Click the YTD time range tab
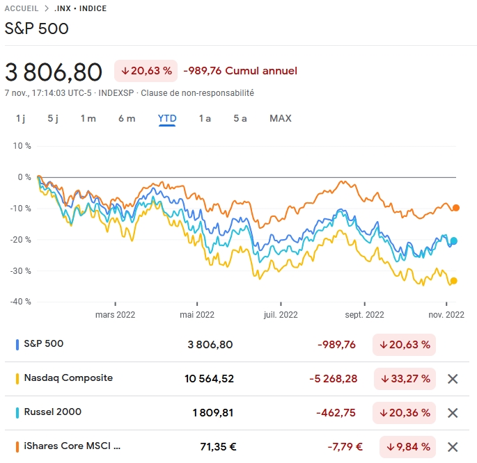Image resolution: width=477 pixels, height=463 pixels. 167,118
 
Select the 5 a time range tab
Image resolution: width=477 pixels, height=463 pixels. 240,118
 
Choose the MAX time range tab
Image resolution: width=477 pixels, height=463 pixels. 281,118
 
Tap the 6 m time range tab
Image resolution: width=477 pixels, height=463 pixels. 127,118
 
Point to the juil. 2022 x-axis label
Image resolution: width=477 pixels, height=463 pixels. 281,314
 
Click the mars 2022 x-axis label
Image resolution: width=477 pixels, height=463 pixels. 115,314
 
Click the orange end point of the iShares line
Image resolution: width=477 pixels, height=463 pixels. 456,207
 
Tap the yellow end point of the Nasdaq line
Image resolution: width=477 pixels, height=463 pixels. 454,281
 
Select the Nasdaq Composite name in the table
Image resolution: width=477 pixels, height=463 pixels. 68,378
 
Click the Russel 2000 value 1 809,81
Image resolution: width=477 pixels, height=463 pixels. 213,413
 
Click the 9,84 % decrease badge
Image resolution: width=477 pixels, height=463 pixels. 407,447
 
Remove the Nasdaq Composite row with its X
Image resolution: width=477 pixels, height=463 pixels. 453,379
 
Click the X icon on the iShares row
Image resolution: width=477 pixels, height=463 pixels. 453,447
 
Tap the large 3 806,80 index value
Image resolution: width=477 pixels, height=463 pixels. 54,71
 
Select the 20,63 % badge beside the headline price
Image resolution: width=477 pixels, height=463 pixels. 146,70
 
